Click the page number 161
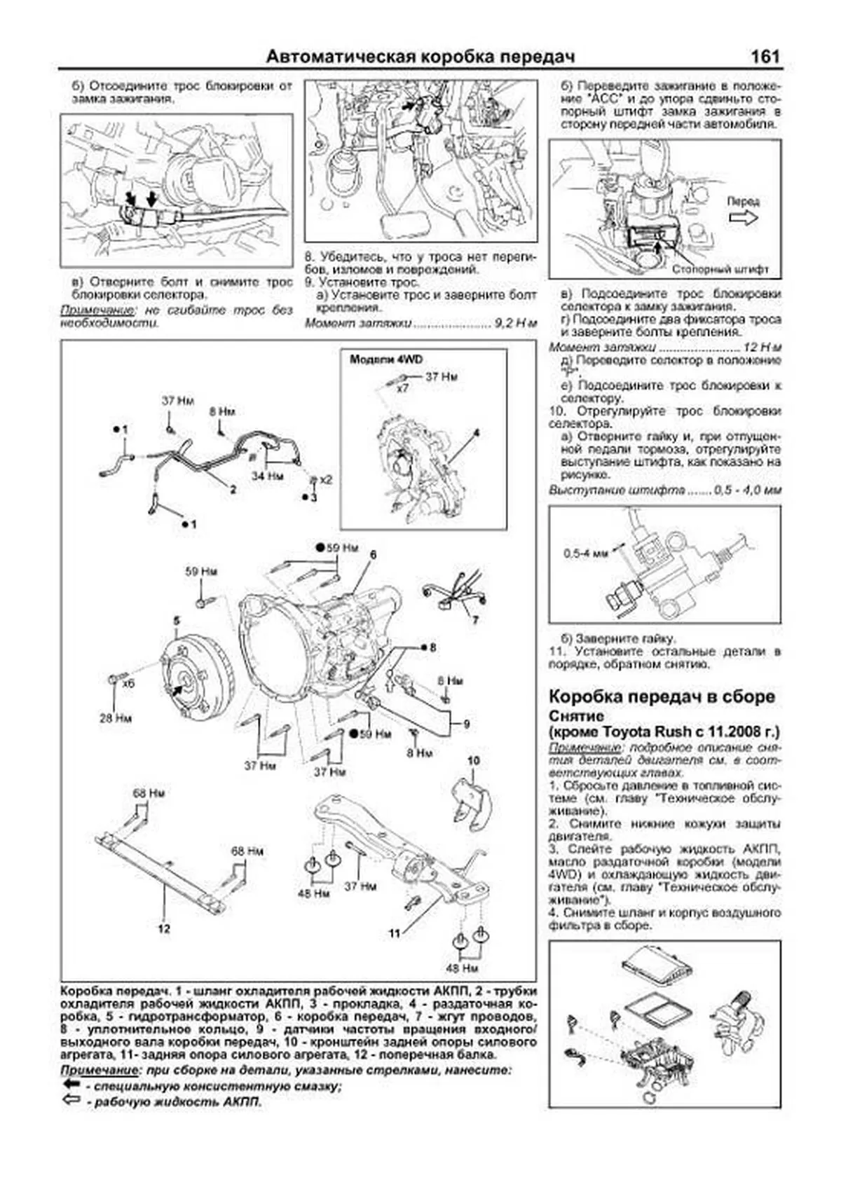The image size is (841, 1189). tap(765, 57)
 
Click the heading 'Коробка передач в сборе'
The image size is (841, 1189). tap(662, 696)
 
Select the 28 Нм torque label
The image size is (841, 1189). tap(116, 718)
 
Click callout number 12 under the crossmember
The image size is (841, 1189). tap(163, 929)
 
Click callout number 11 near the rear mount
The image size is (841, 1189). tap(395, 933)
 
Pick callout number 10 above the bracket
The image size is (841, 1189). tap(473, 761)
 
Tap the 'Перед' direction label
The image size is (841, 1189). tap(742, 201)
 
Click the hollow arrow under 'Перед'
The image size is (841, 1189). tap(744, 218)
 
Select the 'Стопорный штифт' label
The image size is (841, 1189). tap(720, 269)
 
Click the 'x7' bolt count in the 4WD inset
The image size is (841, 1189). tap(402, 388)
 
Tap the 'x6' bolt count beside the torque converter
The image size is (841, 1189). tap(128, 682)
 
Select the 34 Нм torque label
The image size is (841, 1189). tap(268, 476)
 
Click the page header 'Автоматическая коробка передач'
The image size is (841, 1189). tap(420, 57)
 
